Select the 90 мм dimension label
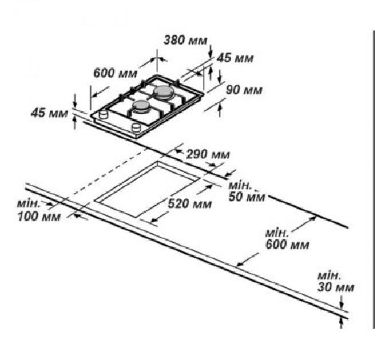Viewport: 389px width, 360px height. point(244,90)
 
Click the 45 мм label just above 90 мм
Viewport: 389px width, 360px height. point(235,58)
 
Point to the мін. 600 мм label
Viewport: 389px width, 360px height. point(286,239)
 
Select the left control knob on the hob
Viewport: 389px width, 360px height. point(104,115)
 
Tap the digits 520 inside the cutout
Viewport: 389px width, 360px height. point(180,204)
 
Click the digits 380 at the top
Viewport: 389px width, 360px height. point(174,41)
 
